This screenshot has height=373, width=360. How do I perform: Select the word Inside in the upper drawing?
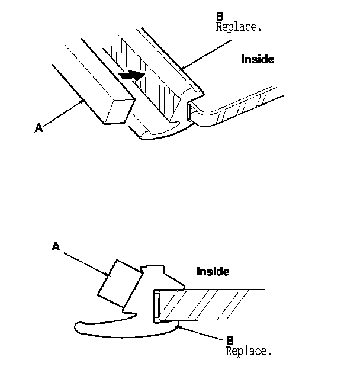[x=258, y=59]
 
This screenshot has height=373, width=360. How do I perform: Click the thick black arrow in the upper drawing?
[x=132, y=75]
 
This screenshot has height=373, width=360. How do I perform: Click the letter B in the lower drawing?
[x=229, y=340]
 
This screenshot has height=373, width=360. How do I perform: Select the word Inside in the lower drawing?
[x=213, y=272]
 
